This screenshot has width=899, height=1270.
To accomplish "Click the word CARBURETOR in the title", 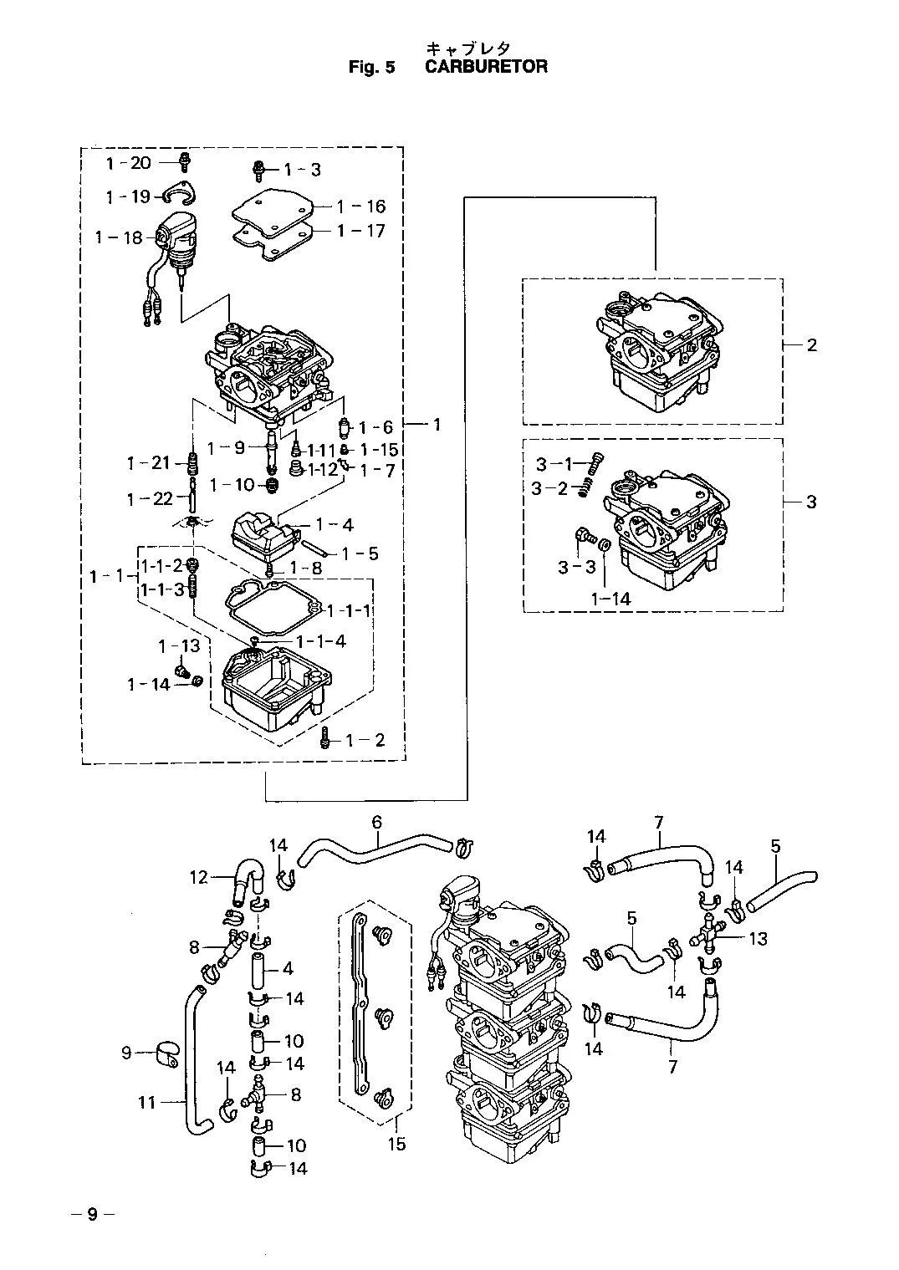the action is pyautogui.click(x=486, y=66).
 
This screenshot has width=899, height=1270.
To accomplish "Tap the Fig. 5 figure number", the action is pyautogui.click(x=371, y=67).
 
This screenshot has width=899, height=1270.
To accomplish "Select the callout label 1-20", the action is pyautogui.click(x=129, y=163).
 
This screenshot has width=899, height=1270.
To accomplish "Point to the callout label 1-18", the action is pyautogui.click(x=119, y=237).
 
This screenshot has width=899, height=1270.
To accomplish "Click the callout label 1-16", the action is pyautogui.click(x=360, y=207).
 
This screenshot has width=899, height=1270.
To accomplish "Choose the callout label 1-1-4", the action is pyautogui.click(x=321, y=641).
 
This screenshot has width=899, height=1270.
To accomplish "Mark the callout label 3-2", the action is pyautogui.click(x=549, y=488).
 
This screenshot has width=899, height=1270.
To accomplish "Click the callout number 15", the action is pyautogui.click(x=397, y=1144).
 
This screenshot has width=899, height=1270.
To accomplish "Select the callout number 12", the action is pyautogui.click(x=199, y=877).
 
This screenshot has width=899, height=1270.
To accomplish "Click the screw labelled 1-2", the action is pyautogui.click(x=325, y=737).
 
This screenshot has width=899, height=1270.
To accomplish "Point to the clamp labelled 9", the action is pyautogui.click(x=168, y=1053).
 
